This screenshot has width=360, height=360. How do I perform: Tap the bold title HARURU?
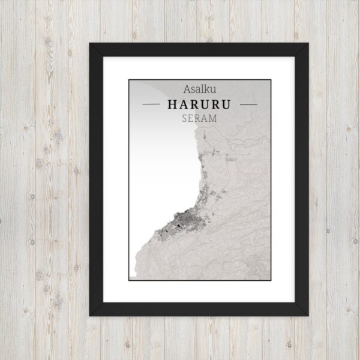(x=200, y=104)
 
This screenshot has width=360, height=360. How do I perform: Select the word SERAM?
(x=200, y=118)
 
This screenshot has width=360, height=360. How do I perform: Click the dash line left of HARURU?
(x=152, y=104)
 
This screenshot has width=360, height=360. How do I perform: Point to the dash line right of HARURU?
(x=247, y=104)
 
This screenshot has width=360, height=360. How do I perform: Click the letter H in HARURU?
(x=173, y=104)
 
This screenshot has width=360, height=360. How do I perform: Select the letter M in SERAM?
(x=214, y=118)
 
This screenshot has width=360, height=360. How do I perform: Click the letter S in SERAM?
(x=185, y=118)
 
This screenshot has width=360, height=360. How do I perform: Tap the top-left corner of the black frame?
(x=90, y=44)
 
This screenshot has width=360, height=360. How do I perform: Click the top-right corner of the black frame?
(x=308, y=44)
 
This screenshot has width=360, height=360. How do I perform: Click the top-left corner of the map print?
(x=129, y=80)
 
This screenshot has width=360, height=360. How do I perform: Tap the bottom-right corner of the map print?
(x=271, y=280)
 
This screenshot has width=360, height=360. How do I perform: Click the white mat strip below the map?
(x=200, y=291)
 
